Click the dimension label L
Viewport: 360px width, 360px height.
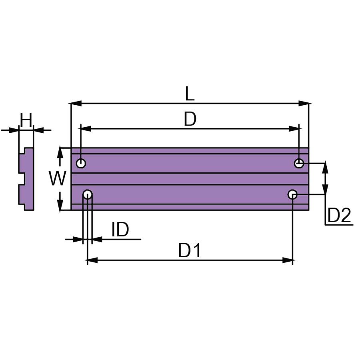tap(190, 94)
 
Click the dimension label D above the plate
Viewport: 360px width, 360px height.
tap(190, 119)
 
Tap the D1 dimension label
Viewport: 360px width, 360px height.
tap(190, 250)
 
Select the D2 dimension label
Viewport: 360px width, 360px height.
tap(339, 215)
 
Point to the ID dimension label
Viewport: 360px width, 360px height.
tap(120, 229)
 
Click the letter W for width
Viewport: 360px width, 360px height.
tap(57, 178)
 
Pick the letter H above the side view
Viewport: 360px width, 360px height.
tap(26, 120)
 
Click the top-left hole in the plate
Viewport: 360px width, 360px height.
tap(81, 164)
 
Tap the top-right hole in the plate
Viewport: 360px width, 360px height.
tap(299, 164)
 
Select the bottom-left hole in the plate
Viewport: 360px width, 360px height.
tap(88, 194)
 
